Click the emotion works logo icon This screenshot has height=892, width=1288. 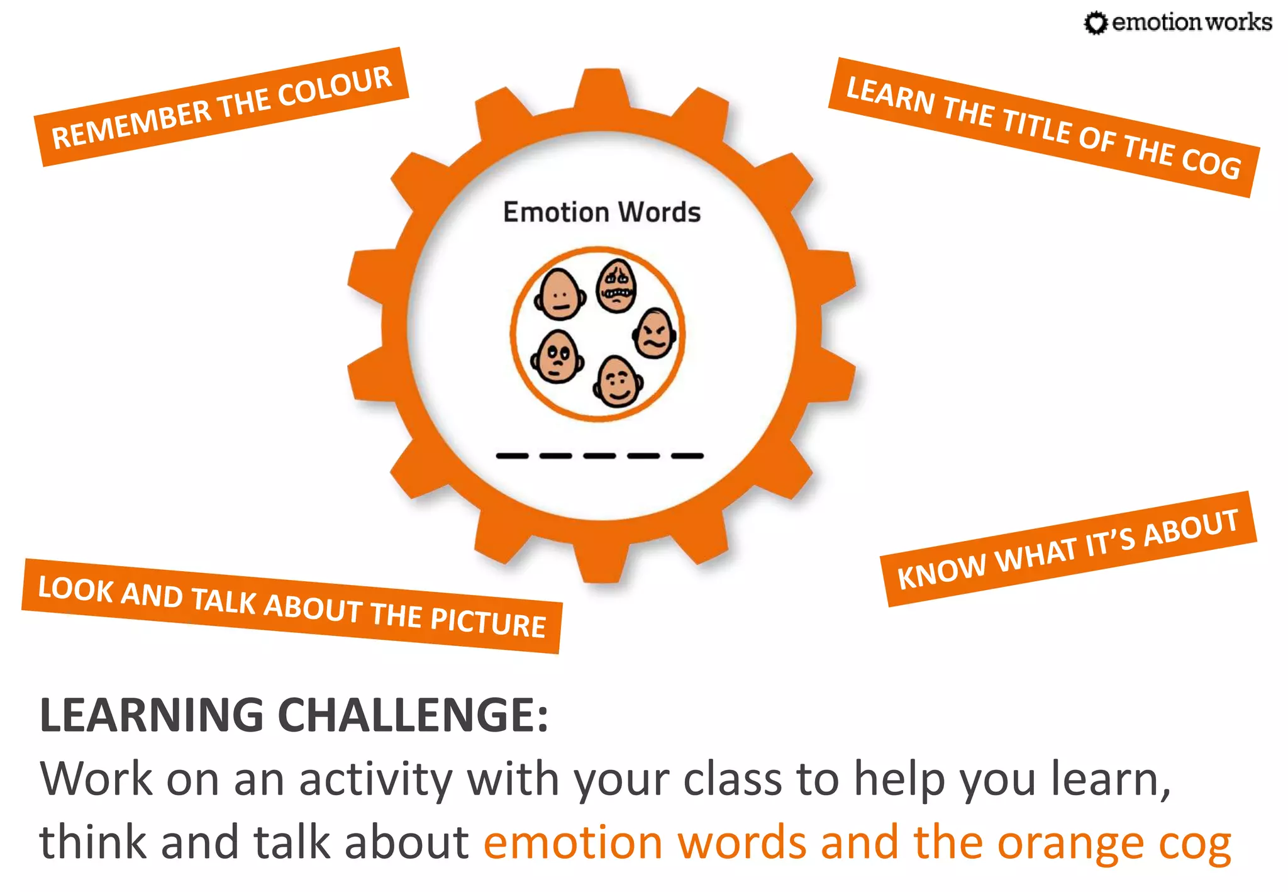click(1096, 23)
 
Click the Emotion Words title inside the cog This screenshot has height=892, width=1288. click(601, 212)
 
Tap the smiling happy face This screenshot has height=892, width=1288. click(618, 381)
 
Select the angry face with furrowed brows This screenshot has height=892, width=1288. click(655, 333)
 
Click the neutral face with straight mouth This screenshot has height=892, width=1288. click(560, 294)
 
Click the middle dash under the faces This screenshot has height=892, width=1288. click(599, 455)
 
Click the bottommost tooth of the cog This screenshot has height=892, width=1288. click(602, 563)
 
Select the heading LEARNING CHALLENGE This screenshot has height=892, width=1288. click(294, 715)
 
